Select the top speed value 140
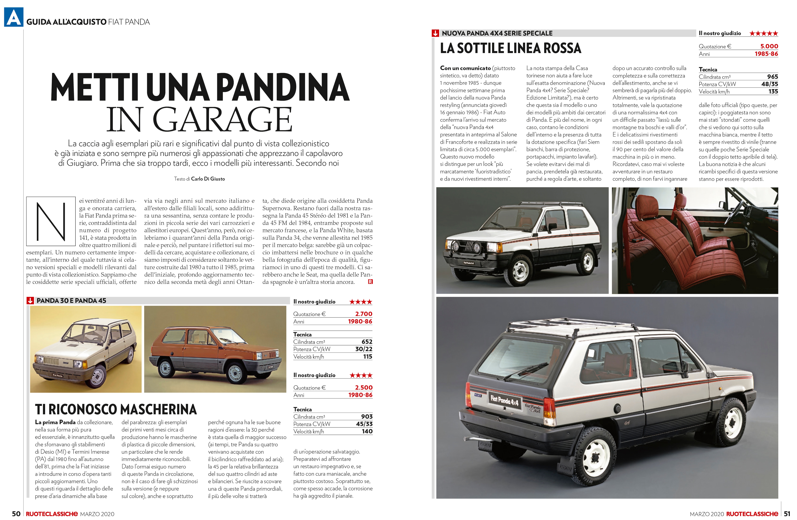click(367, 431)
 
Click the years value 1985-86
click(766, 54)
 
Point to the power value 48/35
click(770, 84)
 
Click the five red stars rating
click(764, 33)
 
